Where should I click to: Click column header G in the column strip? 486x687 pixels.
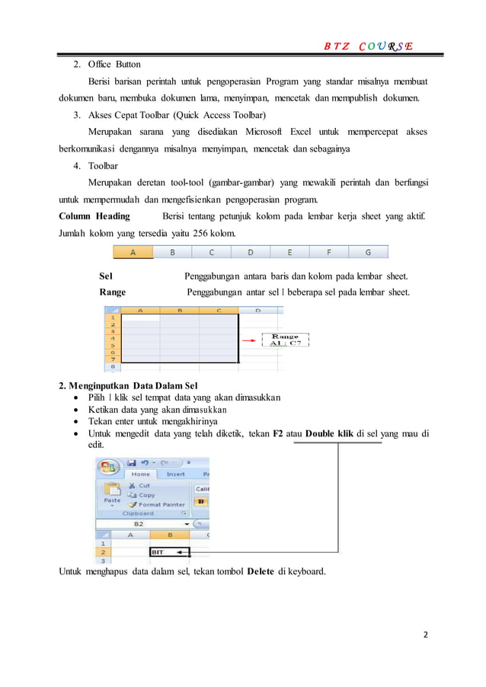point(368,251)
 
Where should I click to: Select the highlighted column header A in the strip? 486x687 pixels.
point(133,251)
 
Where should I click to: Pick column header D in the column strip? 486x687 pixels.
point(251,251)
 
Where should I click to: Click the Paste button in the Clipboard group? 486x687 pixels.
point(112,495)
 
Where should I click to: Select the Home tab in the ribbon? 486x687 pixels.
point(141,474)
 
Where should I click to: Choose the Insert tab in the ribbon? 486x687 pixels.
point(175,474)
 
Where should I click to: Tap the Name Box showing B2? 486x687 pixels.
point(141,524)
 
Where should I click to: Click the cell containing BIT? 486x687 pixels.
point(169,552)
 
